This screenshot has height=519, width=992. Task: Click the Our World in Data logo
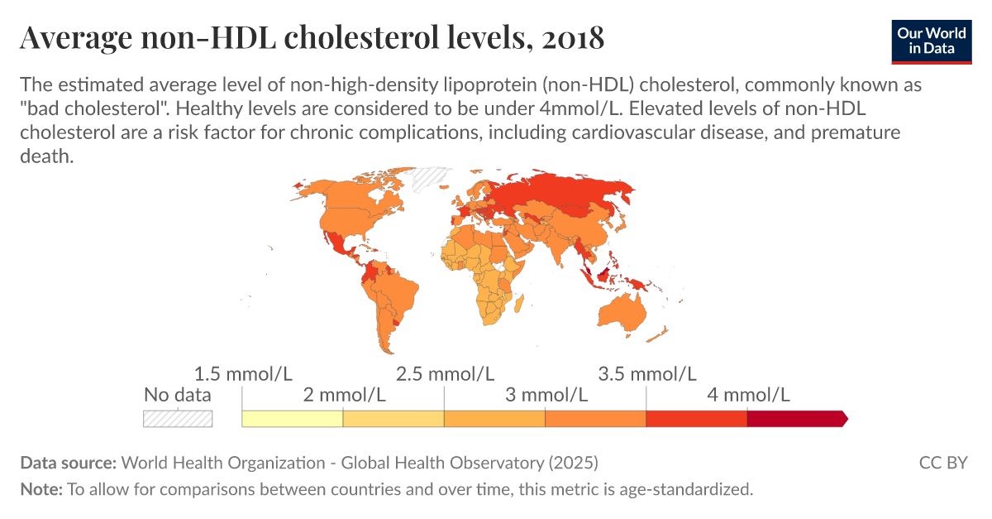click(931, 39)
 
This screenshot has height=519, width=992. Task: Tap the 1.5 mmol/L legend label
click(242, 373)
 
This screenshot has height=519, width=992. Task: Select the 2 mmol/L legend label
click(344, 395)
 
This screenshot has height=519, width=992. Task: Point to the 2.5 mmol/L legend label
click(446, 373)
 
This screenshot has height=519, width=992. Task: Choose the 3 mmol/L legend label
click(546, 395)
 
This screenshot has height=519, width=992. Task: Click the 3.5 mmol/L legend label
click(647, 373)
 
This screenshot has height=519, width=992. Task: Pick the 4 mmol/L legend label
click(748, 395)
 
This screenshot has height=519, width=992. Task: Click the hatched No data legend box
click(178, 419)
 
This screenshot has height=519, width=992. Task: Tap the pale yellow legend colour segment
click(293, 419)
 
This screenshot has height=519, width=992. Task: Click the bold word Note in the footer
click(41, 489)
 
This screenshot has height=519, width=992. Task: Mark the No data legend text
click(178, 395)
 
